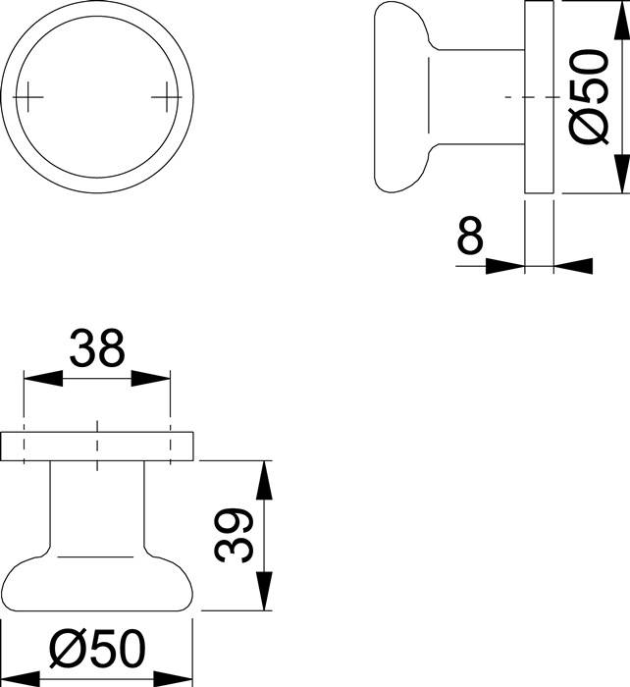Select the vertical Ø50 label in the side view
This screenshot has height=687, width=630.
pyautogui.click(x=592, y=97)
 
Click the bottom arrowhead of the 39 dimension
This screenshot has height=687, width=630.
pyautogui.click(x=263, y=595)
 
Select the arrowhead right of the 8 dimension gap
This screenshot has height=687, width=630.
pyautogui.click(x=573, y=264)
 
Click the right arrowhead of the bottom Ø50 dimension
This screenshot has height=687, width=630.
pyautogui.click(x=177, y=677)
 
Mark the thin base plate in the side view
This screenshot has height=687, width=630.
pyautogui.click(x=539, y=97)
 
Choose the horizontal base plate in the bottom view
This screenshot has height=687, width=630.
pyautogui.click(x=97, y=446)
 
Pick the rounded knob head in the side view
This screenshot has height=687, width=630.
pyautogui.click(x=402, y=97)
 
